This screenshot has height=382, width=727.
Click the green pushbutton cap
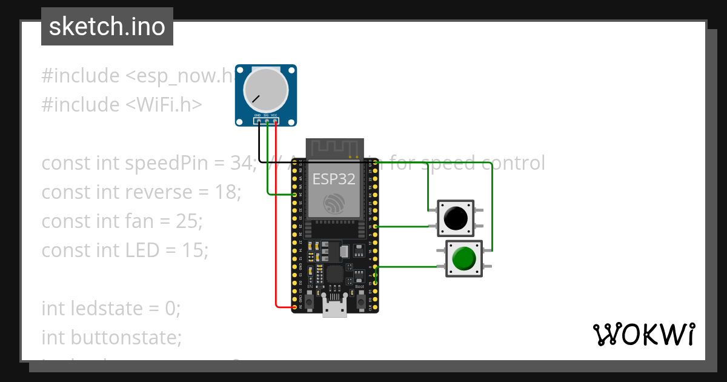pyautogui.click(x=464, y=258)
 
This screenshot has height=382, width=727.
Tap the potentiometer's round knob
pyautogui.click(x=265, y=91)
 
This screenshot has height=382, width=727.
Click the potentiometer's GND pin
pyautogui.click(x=258, y=121)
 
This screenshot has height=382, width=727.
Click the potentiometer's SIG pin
pyautogui.click(x=267, y=121)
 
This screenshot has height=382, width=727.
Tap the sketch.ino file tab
pyautogui.click(x=107, y=27)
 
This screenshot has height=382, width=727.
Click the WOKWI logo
pyautogui.click(x=643, y=335)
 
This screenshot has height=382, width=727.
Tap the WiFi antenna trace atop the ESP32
pyautogui.click(x=335, y=147)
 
